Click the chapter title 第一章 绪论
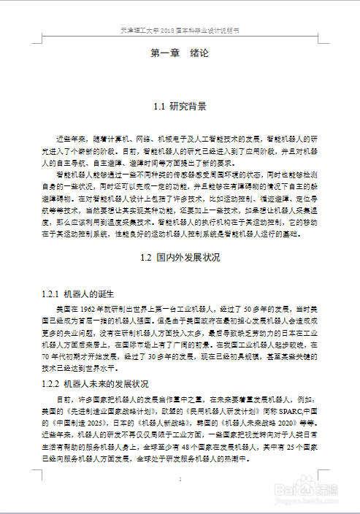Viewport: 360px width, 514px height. click(180, 53)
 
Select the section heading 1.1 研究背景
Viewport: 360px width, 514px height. click(180, 107)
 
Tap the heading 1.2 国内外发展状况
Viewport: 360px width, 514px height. click(180, 258)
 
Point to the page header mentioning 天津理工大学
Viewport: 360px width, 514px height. click(180, 31)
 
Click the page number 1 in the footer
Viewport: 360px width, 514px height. click(180, 479)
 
